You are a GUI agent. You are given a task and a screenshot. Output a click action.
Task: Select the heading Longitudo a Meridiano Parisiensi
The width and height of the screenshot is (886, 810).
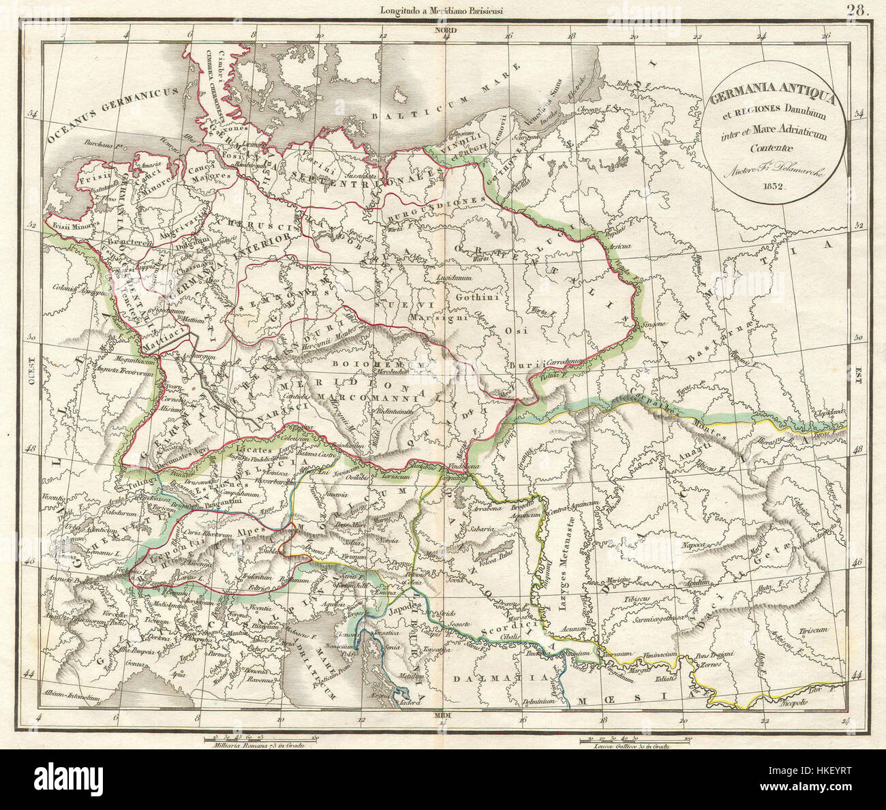coord(443,9)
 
